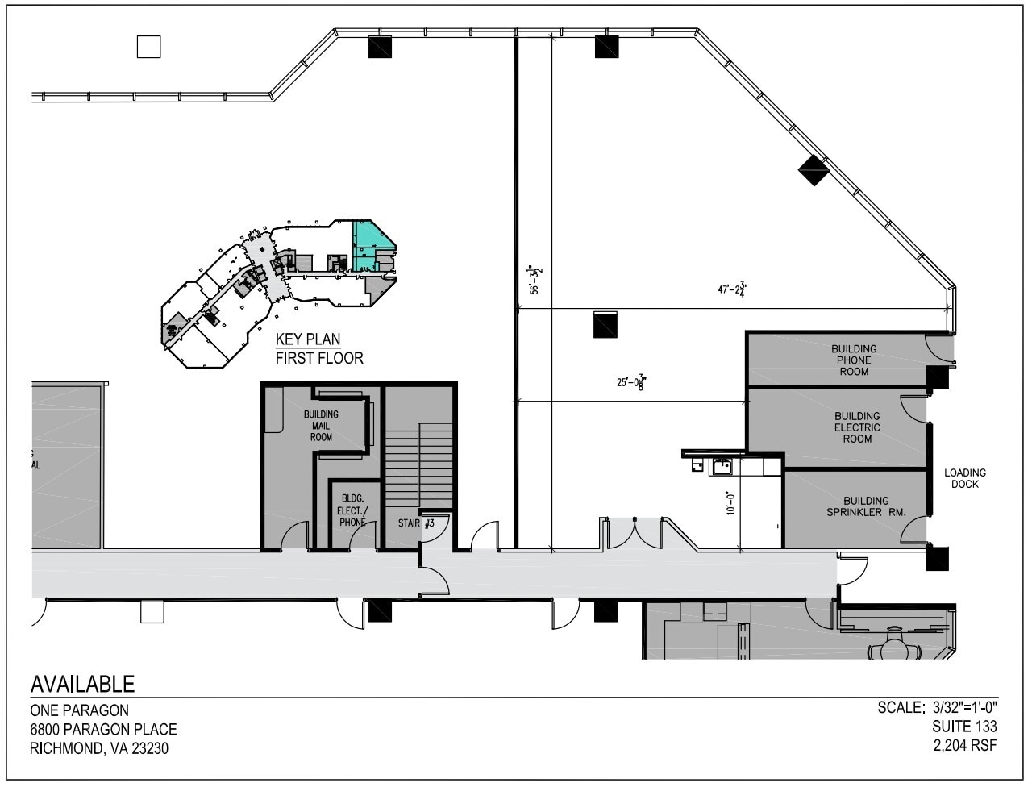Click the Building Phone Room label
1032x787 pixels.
[x=854, y=360]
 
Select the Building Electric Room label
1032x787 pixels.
[x=857, y=427]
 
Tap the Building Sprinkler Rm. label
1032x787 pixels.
[x=866, y=506]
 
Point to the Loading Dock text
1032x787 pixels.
[x=965, y=478]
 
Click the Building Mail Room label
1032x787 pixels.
[x=321, y=426]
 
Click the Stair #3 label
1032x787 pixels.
[x=416, y=523]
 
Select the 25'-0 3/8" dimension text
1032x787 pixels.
[x=631, y=382]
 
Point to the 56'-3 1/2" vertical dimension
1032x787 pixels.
[x=535, y=281]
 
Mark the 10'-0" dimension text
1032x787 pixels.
[x=730, y=503]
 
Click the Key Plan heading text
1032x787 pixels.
[x=308, y=339]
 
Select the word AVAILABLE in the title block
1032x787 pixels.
[x=82, y=685]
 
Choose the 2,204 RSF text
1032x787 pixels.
[x=964, y=746]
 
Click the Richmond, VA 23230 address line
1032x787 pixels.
[x=99, y=748]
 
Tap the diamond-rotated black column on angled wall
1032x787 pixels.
[x=814, y=170]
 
